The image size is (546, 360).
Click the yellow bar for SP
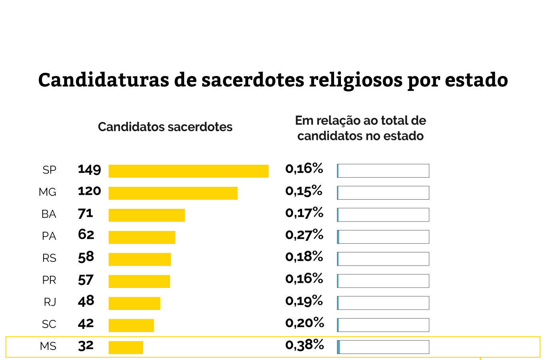tap(188, 171)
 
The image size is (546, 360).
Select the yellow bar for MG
tap(173, 193)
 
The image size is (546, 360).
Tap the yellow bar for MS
tap(126, 347)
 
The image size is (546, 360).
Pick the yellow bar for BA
tap(147, 215)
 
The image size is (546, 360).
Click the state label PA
tap(49, 236)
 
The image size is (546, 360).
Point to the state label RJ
tap(50, 302)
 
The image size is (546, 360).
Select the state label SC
tap(49, 324)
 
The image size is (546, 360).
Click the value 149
tap(89, 170)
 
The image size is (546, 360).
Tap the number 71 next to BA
tap(85, 213)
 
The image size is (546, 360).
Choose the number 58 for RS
tap(86, 257)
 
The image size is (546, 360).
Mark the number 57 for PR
tap(86, 280)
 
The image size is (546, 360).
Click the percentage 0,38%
tap(305, 345)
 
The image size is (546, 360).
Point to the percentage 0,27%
tap(304, 235)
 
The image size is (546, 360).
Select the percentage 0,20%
tap(305, 323)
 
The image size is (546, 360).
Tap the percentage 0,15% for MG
tap(304, 191)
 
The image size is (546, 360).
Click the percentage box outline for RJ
tap(383, 303)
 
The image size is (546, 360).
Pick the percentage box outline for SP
tap(383, 171)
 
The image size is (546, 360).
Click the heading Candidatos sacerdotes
tap(165, 127)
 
